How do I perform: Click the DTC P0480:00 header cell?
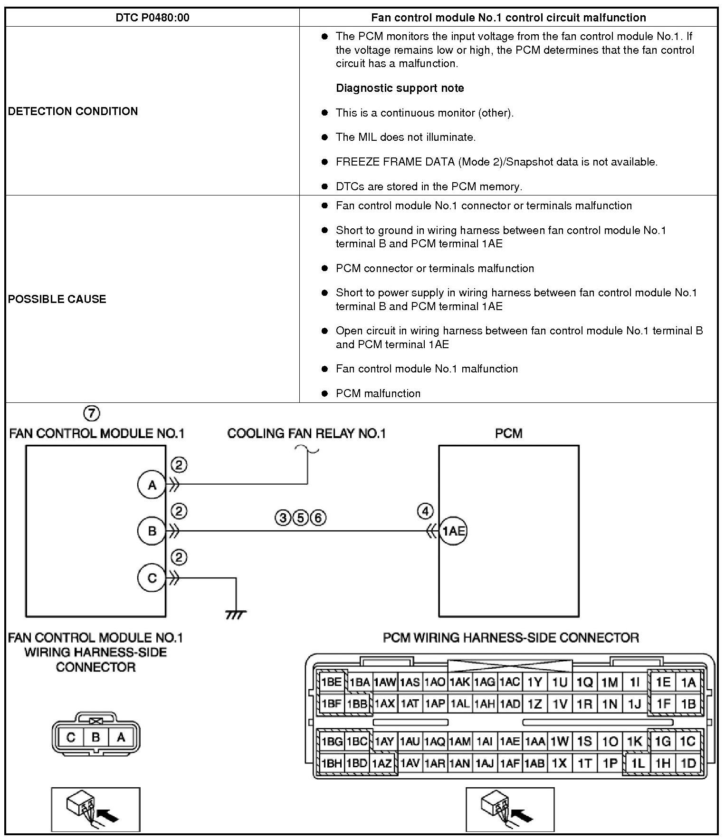152,18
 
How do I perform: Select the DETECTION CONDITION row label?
73,111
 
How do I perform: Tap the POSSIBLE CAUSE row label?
57,299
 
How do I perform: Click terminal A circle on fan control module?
152,485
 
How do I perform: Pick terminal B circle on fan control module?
152,531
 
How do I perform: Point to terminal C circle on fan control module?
152,578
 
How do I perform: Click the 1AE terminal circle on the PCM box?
453,531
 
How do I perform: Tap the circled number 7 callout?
92,413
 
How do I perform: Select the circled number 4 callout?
425,512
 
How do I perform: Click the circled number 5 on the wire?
300,518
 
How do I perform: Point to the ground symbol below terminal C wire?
236,615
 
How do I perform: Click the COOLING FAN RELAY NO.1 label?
306,433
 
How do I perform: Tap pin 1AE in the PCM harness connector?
510,741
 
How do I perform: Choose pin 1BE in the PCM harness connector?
331,682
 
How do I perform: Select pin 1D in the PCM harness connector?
688,763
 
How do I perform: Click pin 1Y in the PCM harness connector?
534,683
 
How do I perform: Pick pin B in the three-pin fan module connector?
95,737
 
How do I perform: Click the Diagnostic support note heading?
400,88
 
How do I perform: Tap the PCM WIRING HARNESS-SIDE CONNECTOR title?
511,637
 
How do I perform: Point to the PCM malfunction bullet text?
378,393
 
